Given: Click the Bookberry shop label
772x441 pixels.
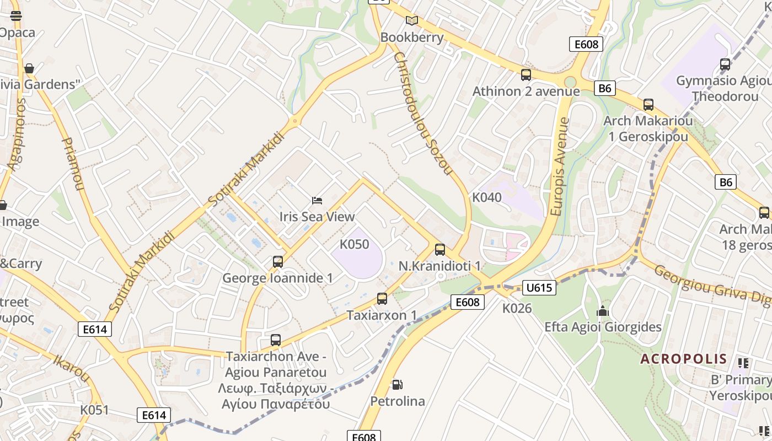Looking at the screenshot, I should (x=412, y=37).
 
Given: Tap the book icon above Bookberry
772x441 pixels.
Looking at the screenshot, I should (x=412, y=21).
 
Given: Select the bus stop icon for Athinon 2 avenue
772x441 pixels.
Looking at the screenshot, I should (x=526, y=75).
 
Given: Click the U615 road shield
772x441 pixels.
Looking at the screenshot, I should (x=539, y=287).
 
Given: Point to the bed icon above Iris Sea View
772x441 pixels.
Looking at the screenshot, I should (x=317, y=200).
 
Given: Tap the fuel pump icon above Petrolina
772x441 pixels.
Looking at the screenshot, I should (x=397, y=384).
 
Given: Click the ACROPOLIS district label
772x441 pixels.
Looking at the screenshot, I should (x=683, y=359).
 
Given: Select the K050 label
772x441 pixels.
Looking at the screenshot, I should (x=354, y=244).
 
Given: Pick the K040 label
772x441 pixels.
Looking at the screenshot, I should (x=487, y=197).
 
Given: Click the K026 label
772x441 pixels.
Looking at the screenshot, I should (x=517, y=309).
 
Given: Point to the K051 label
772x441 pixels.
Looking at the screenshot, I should (x=94, y=410).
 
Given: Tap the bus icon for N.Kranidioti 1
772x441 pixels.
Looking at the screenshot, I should (x=440, y=250).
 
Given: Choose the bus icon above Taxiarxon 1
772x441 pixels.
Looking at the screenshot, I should (x=382, y=299).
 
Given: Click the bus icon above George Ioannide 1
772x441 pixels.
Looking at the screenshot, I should (x=278, y=262).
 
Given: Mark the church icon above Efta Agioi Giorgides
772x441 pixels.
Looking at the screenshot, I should (x=603, y=311).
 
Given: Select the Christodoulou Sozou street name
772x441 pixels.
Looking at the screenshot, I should (x=423, y=113).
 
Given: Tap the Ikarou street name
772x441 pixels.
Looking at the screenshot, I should (x=71, y=368).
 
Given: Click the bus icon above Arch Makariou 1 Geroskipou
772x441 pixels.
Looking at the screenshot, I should (x=648, y=105).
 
